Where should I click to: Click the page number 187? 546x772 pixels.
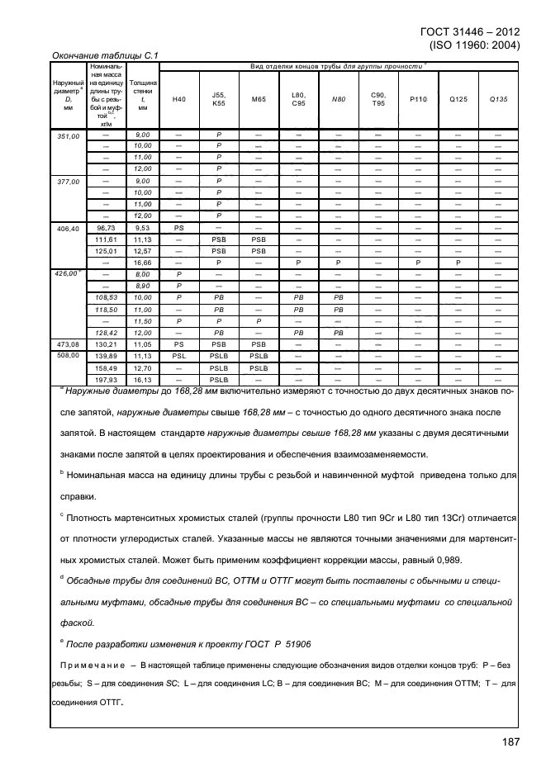510,742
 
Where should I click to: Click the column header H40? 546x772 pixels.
178,99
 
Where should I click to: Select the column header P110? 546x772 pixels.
417,99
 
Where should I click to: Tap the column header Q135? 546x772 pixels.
498,99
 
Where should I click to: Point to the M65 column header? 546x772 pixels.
259,99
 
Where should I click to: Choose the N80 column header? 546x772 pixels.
338,99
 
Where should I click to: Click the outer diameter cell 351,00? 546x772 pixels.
68,135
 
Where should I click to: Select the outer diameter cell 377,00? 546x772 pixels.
68,181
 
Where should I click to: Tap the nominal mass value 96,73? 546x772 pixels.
106,227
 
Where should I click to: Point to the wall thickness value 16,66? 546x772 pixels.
143,262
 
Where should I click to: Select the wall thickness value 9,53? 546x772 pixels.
143,227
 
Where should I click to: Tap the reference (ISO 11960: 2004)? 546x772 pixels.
474,45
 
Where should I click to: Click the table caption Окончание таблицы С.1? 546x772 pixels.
105,56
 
